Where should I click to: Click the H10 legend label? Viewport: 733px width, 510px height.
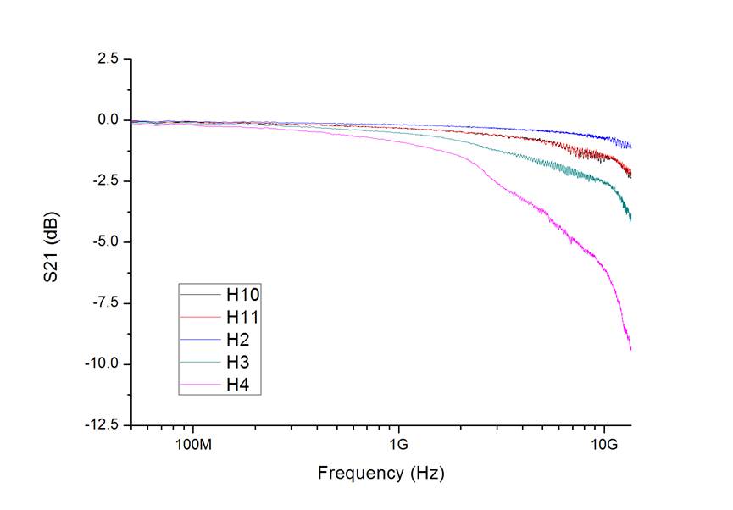pyautogui.click(x=242, y=295)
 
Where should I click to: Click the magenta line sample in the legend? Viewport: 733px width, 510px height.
pyautogui.click(x=200, y=386)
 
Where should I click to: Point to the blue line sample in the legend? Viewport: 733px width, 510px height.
pyautogui.click(x=200, y=341)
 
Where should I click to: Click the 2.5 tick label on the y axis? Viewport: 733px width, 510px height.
pyautogui.click(x=107, y=58)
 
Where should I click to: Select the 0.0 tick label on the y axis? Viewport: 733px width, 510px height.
pyautogui.click(x=107, y=119)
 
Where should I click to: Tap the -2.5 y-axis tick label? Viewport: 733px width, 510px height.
pyautogui.click(x=103, y=180)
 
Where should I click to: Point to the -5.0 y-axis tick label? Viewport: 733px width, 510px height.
pyautogui.click(x=103, y=241)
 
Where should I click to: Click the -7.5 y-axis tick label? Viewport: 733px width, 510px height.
pyautogui.click(x=103, y=302)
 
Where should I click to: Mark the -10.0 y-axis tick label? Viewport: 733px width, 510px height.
pyautogui.click(x=100, y=363)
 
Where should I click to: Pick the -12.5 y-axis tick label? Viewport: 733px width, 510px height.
pyautogui.click(x=100, y=424)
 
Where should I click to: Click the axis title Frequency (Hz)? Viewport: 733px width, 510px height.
pyautogui.click(x=380, y=473)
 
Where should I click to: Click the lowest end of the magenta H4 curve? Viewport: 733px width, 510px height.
pyautogui.click(x=630, y=349)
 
